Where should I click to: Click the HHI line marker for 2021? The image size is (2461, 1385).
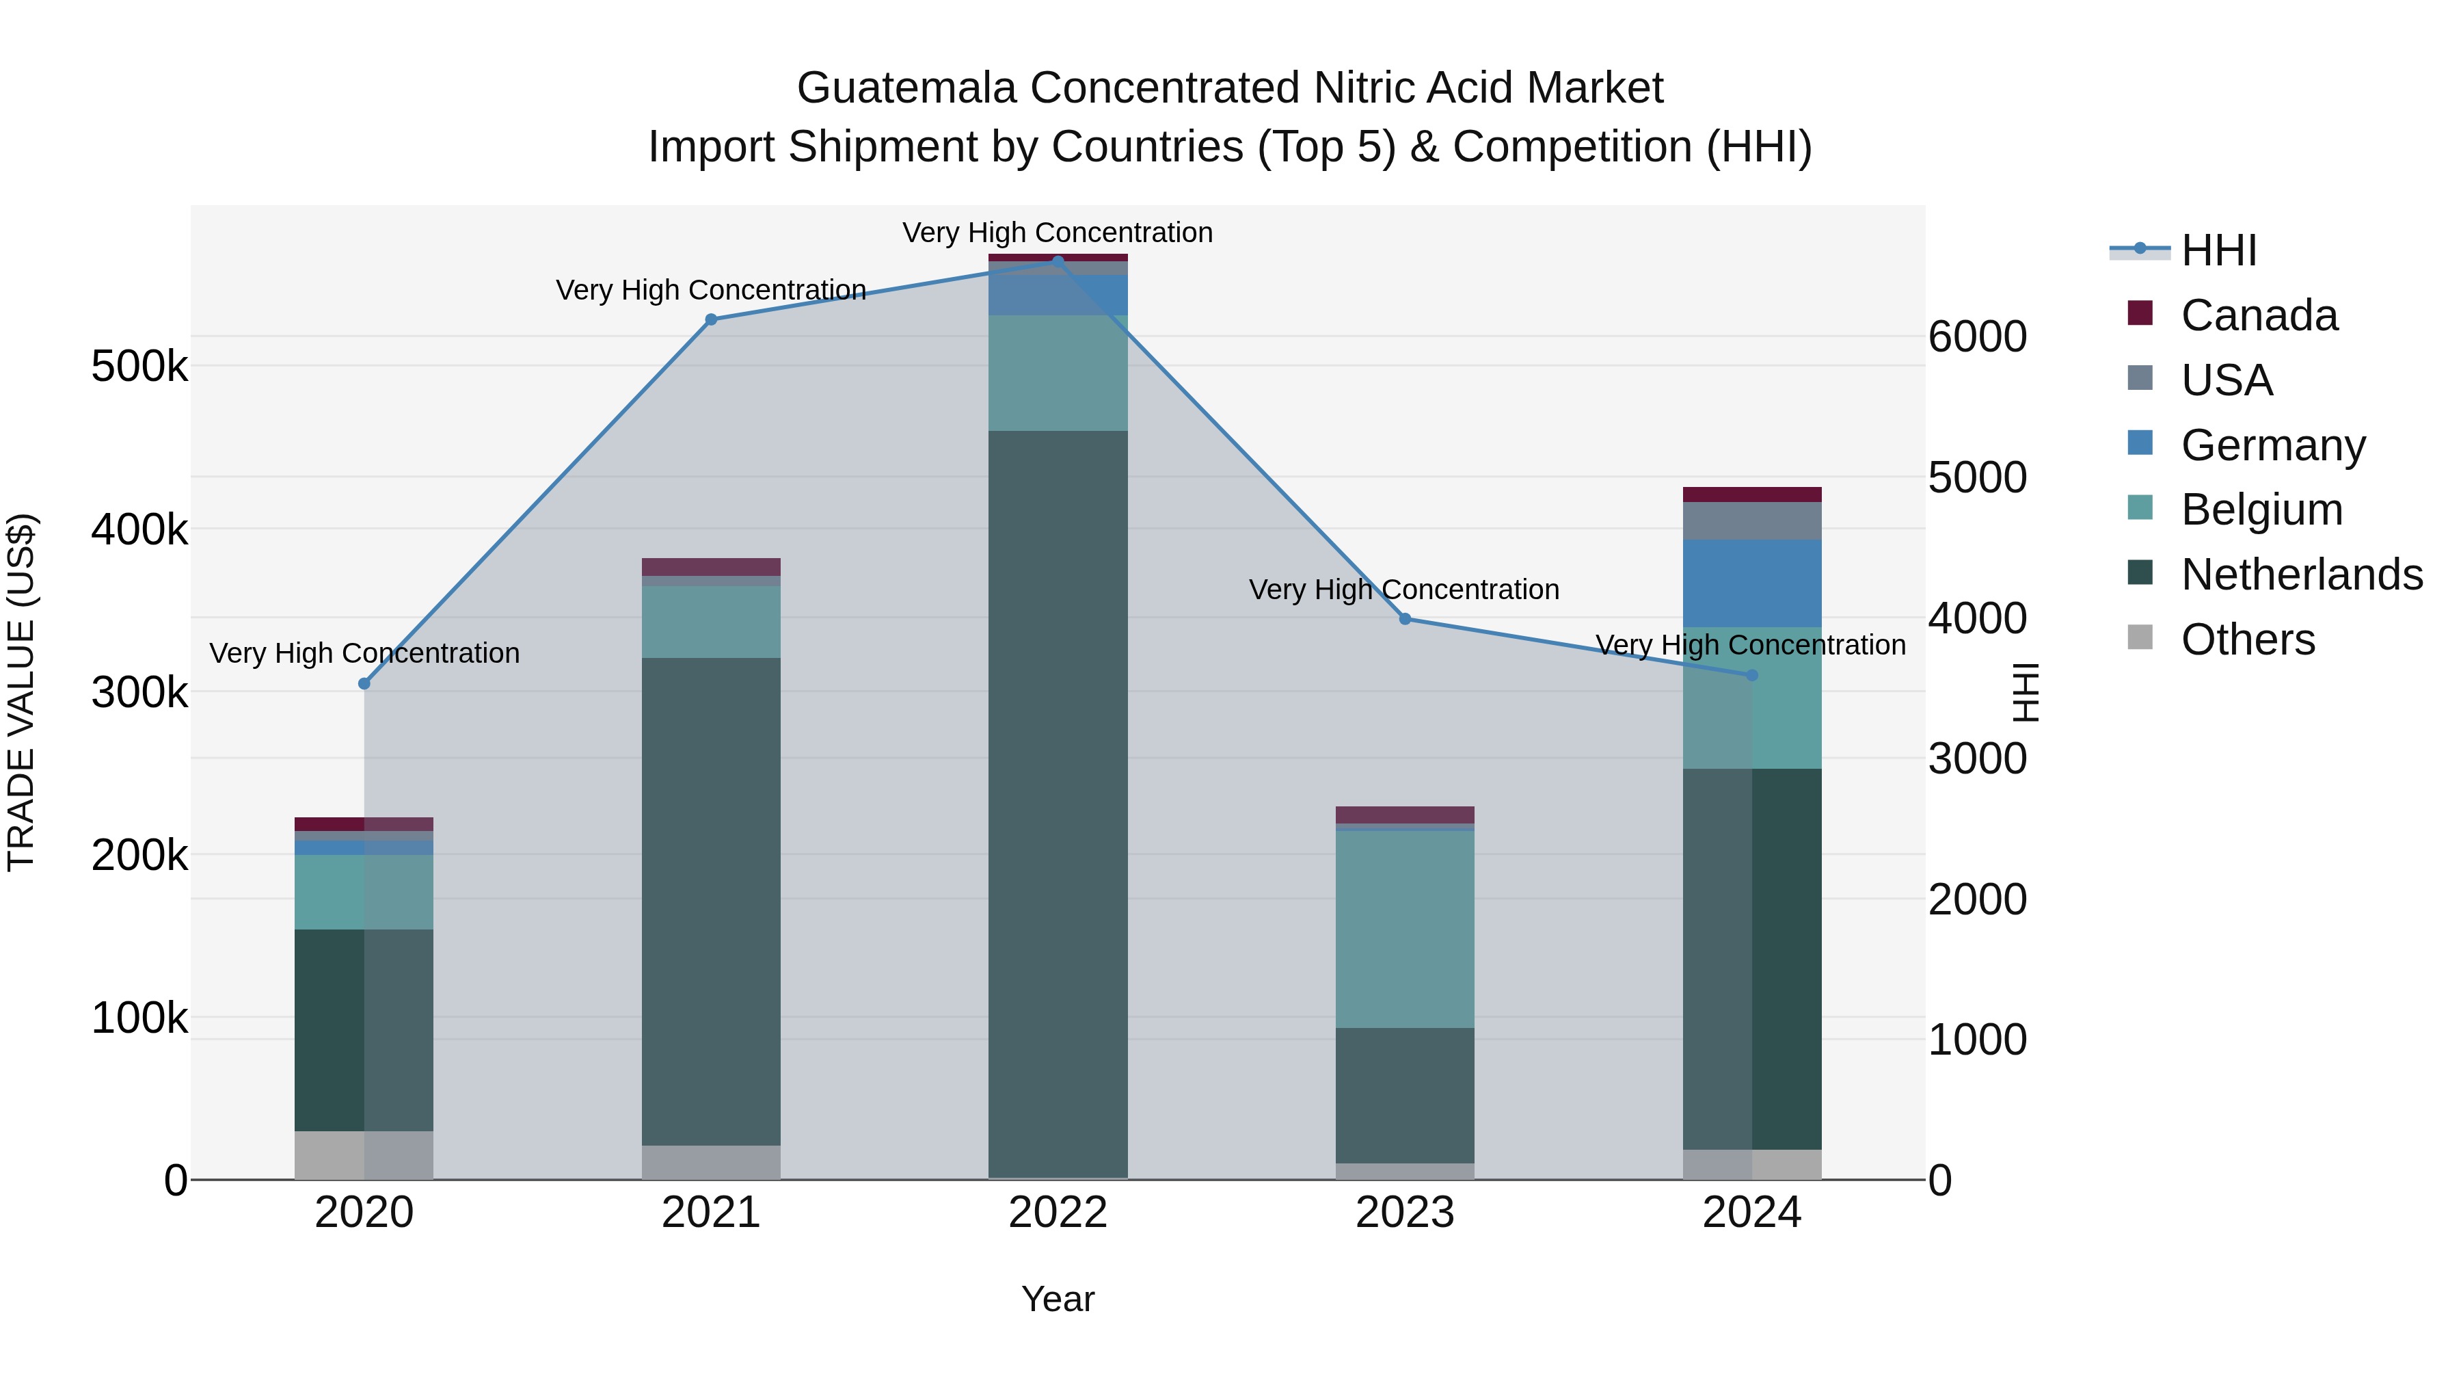coord(711,319)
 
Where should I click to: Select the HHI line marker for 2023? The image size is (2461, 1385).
coord(1404,618)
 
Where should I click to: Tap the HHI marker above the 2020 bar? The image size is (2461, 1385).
coord(364,683)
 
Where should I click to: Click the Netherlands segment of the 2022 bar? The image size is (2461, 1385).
coord(1058,803)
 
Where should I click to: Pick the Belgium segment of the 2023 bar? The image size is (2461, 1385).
coord(1404,928)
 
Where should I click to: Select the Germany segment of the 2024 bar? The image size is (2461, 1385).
coord(1751,583)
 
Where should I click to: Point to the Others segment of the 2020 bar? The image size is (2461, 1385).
coord(364,1155)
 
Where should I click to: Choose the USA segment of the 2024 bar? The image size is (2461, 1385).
coord(1751,521)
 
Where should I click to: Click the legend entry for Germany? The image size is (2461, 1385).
coord(2273,445)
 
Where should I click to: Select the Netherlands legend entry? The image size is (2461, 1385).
coord(2300,575)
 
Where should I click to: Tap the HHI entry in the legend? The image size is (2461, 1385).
coord(2218,250)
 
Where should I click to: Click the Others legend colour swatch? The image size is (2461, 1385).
coord(2140,637)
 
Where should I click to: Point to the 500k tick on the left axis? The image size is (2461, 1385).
coord(139,366)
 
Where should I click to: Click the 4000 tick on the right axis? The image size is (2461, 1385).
coord(1976,618)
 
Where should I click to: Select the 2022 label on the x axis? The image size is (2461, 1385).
coord(1058,1213)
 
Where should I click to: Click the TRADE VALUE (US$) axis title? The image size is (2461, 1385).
coord(22,692)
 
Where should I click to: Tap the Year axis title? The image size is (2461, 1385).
coord(1058,1299)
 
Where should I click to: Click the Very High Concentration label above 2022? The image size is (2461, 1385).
coord(1058,233)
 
